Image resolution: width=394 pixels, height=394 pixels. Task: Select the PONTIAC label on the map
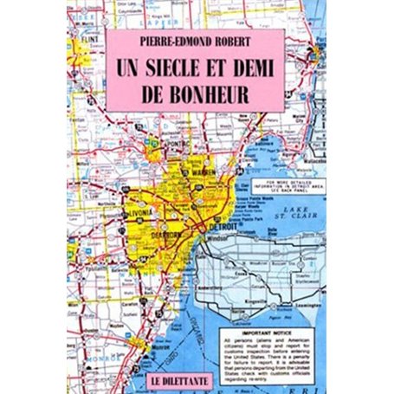pyautogui.click(x=181, y=141)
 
